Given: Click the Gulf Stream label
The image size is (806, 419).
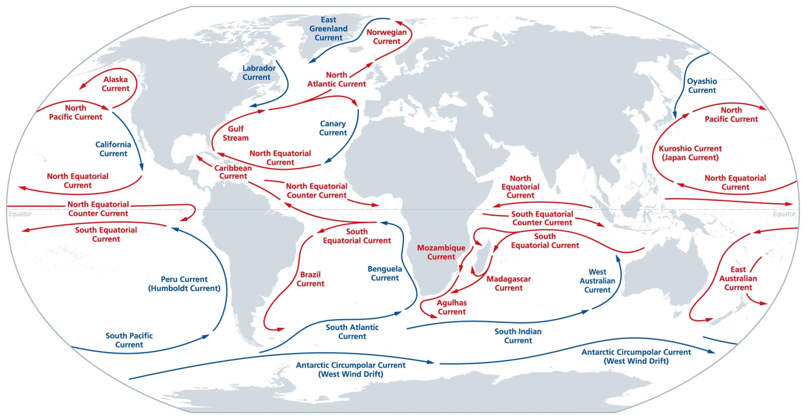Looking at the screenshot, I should [236, 133].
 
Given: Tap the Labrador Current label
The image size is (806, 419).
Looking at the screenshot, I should [259, 72].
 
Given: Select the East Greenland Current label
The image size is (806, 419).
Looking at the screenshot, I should [328, 29].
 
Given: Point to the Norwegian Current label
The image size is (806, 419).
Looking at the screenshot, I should [386, 37].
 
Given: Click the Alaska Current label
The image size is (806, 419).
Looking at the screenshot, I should [115, 84].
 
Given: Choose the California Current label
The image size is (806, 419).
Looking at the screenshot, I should [113, 149].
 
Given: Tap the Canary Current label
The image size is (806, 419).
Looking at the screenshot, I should [333, 128].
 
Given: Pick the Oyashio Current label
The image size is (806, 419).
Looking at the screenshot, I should [702, 86].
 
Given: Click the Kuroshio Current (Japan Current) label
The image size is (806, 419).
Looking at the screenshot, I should [690, 153].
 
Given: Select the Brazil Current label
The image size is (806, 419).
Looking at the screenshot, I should [310, 279].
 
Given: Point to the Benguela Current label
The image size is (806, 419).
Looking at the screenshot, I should [385, 273].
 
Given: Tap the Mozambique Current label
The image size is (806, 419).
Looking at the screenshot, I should [441, 252].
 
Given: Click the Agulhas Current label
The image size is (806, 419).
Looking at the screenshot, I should [451, 307].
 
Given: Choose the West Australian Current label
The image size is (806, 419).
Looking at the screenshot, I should [597, 280].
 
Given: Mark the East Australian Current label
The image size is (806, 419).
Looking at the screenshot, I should [738, 278].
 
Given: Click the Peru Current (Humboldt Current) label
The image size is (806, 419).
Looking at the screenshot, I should [184, 283].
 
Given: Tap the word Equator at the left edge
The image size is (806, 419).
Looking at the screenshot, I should [20, 214].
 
